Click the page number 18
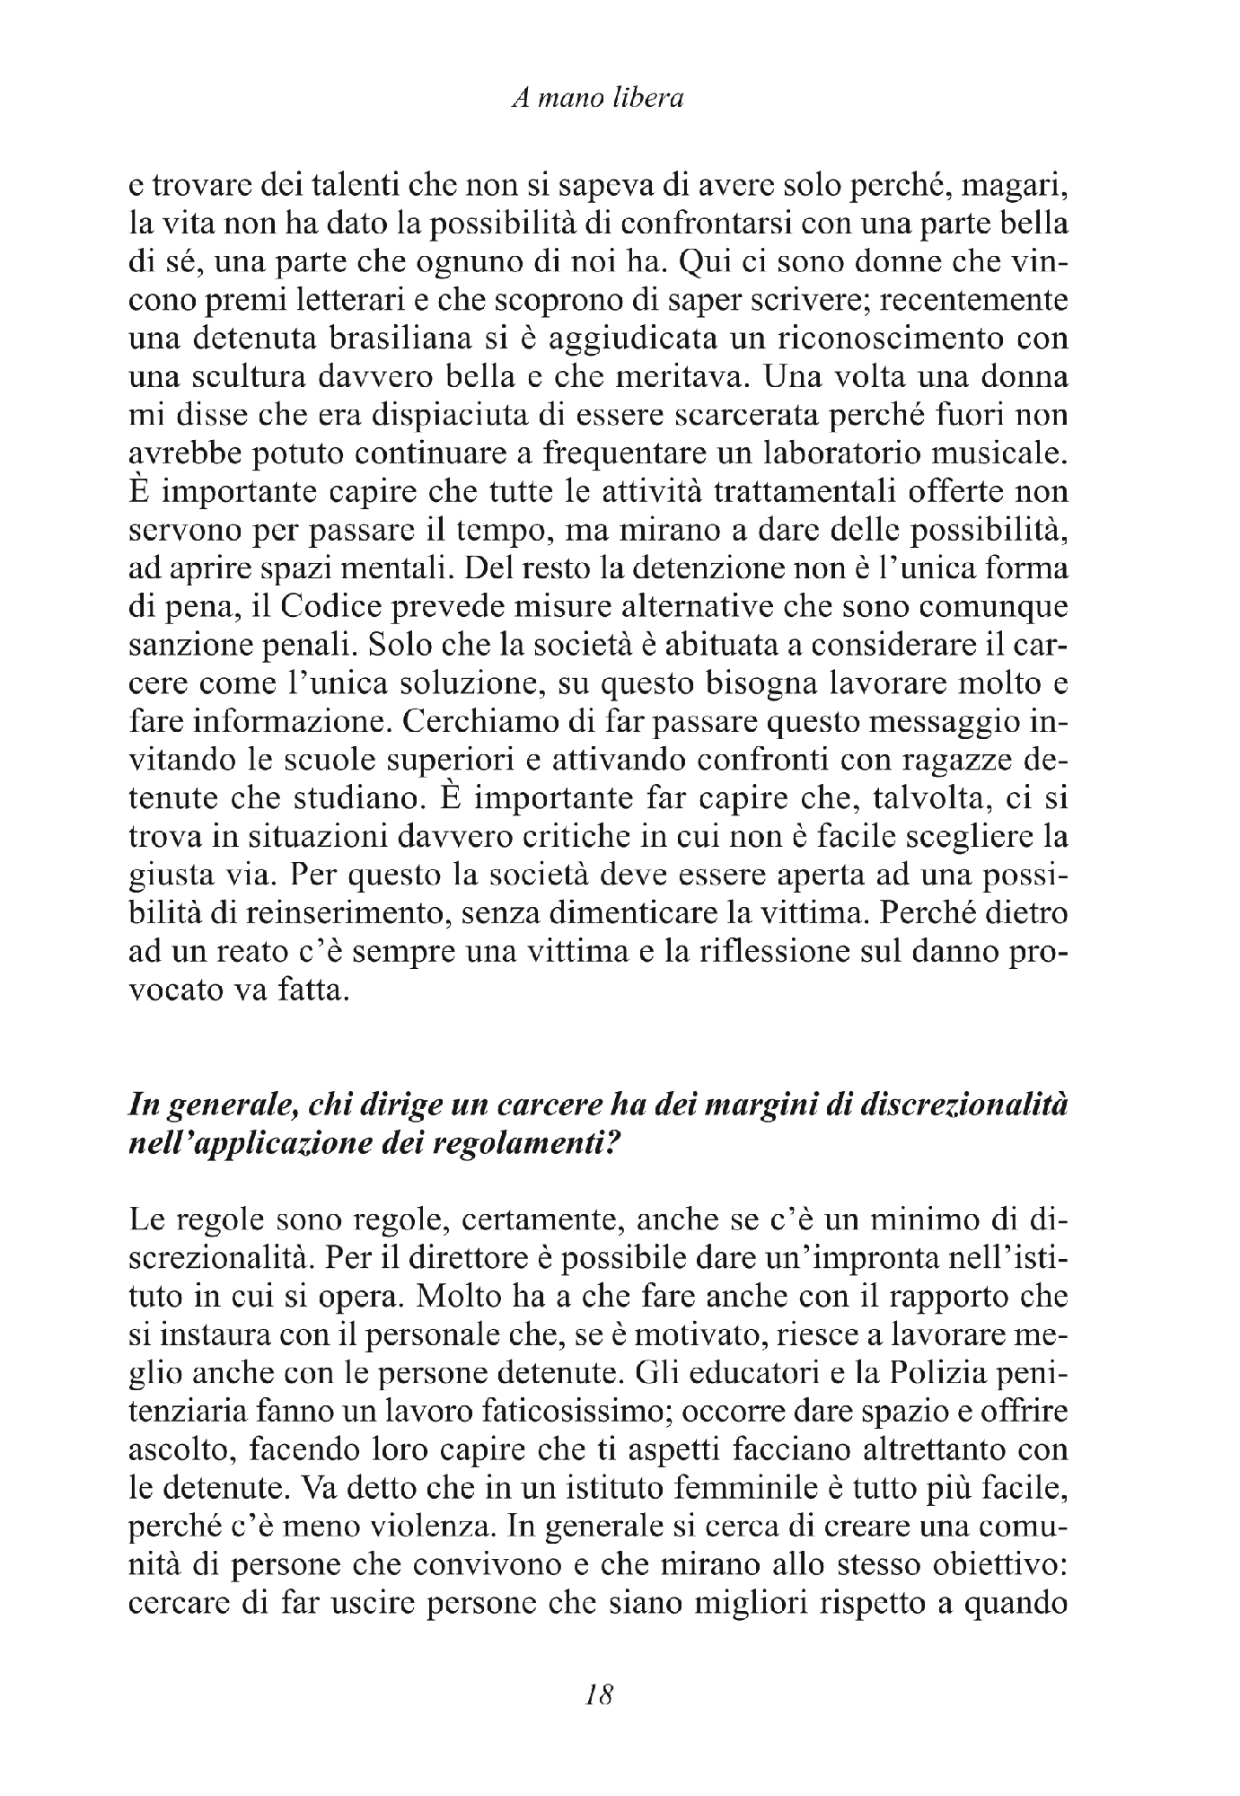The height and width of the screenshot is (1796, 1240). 598,1695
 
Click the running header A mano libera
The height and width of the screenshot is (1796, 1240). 598,99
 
